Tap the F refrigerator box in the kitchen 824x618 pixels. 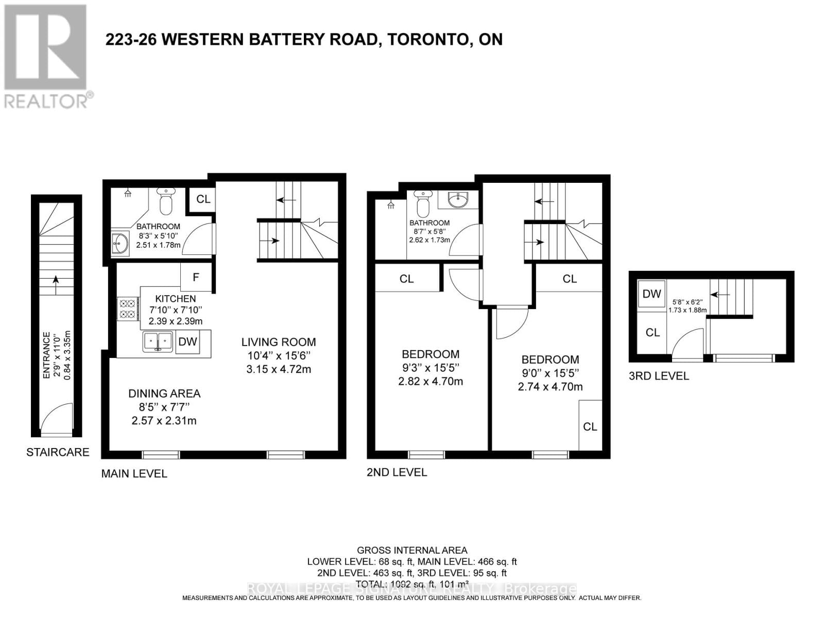click(x=196, y=277)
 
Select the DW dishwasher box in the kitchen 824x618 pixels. click(x=187, y=342)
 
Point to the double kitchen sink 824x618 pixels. click(x=158, y=341)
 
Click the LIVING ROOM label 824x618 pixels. click(x=279, y=342)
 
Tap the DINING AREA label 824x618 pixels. click(x=164, y=393)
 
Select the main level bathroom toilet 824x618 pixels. click(x=165, y=201)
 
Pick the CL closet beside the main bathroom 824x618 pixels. click(x=203, y=199)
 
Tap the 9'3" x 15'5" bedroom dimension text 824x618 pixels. click(x=431, y=368)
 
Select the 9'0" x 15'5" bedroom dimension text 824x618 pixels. click(x=550, y=373)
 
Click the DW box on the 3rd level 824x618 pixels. click(x=651, y=294)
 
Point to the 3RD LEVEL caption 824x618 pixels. click(x=658, y=376)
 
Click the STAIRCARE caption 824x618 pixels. click(x=58, y=452)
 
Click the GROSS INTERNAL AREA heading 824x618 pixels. click(x=412, y=551)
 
